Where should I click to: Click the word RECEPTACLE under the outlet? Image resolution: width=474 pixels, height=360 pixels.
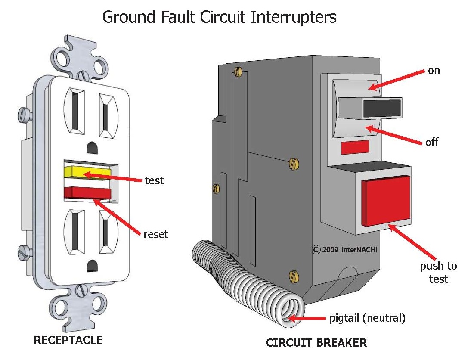pyautogui.click(x=68, y=340)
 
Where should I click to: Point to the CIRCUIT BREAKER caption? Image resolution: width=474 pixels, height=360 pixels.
pyautogui.click(x=316, y=343)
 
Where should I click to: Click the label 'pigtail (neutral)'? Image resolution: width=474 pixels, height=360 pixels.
pyautogui.click(x=367, y=318)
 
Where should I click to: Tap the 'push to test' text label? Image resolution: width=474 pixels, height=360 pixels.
pyautogui.click(x=438, y=272)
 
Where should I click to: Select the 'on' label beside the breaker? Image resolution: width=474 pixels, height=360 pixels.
pyautogui.click(x=434, y=71)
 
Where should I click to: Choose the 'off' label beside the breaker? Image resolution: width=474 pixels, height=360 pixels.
pyautogui.click(x=432, y=142)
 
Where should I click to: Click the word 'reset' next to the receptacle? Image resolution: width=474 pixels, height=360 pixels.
pyautogui.click(x=155, y=234)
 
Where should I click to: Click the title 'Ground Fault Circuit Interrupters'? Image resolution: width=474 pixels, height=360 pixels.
pyautogui.click(x=219, y=17)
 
